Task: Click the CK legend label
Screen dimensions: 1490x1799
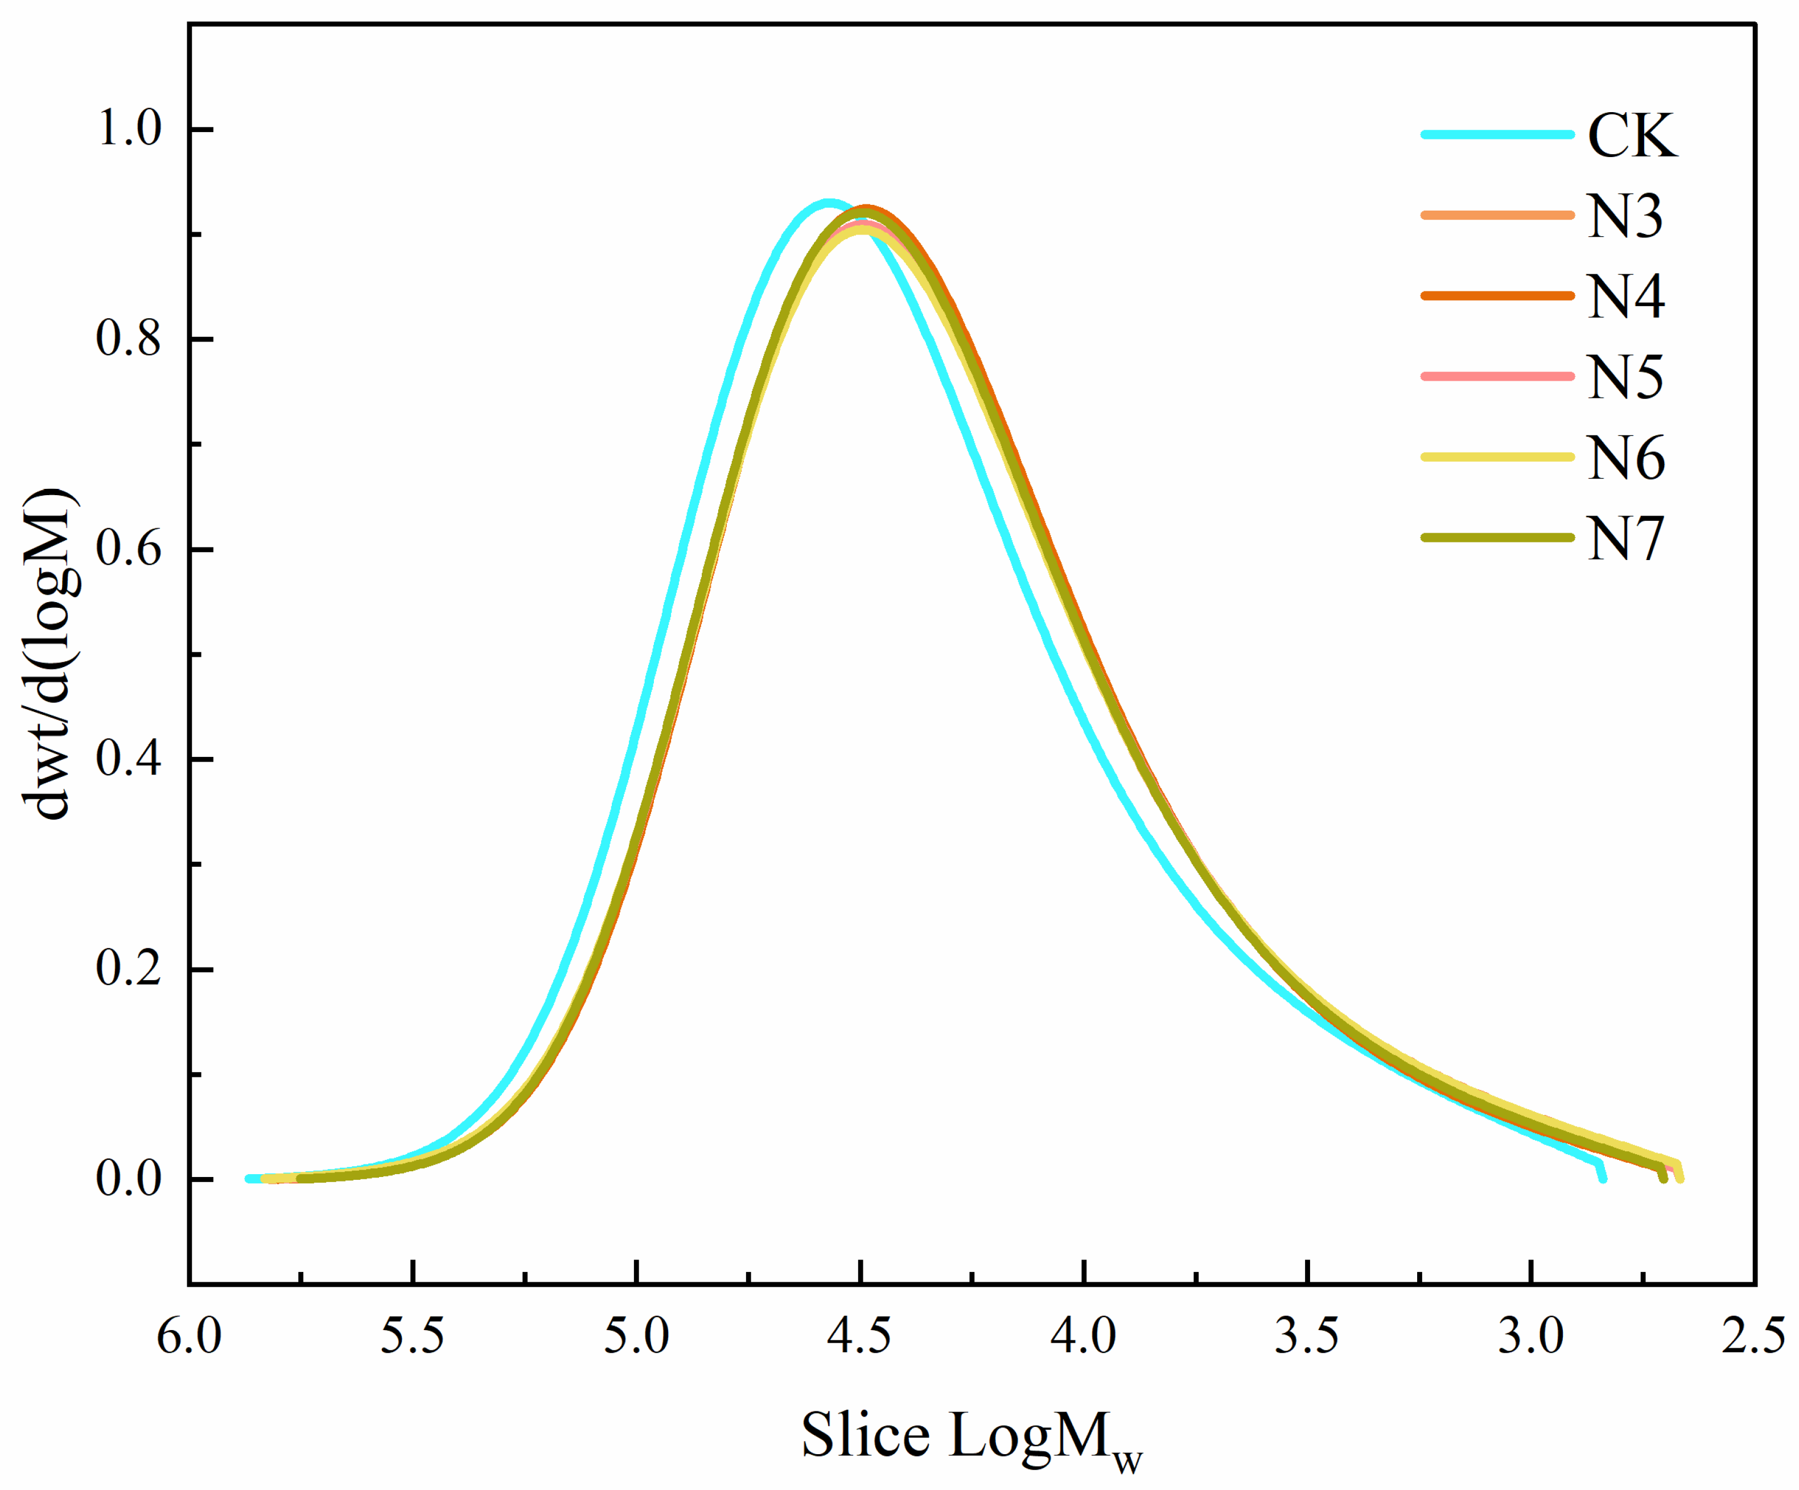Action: click(1632, 135)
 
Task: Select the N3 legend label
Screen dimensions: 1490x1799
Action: click(1625, 216)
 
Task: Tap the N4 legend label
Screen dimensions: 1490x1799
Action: click(1625, 297)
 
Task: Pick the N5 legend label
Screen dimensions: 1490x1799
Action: click(1625, 377)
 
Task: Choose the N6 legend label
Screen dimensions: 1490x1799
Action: click(1625, 458)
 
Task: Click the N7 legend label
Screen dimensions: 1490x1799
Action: click(1625, 538)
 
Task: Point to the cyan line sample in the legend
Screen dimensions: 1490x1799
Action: click(1497, 134)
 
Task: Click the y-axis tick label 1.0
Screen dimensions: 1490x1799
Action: click(129, 129)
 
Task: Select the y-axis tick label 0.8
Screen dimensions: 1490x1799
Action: click(129, 339)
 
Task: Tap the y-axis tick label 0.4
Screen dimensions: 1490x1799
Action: click(129, 759)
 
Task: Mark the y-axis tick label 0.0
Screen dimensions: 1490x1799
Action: click(129, 1179)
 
